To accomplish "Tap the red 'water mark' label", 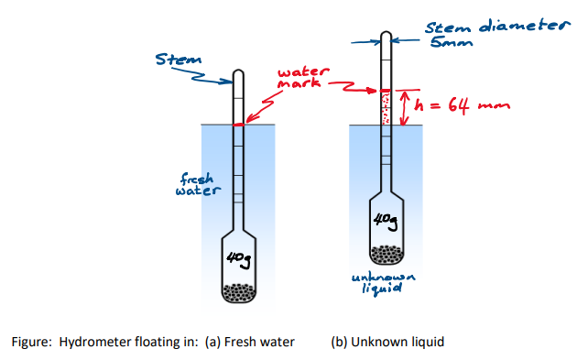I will pyautogui.click(x=300, y=78).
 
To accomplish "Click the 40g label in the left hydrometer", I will pyautogui.click(x=237, y=261).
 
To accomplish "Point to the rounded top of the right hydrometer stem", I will pyautogui.click(x=386, y=36).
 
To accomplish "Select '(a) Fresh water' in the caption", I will pyautogui.click(x=253, y=343).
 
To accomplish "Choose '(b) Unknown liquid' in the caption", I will pyautogui.click(x=386, y=343).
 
